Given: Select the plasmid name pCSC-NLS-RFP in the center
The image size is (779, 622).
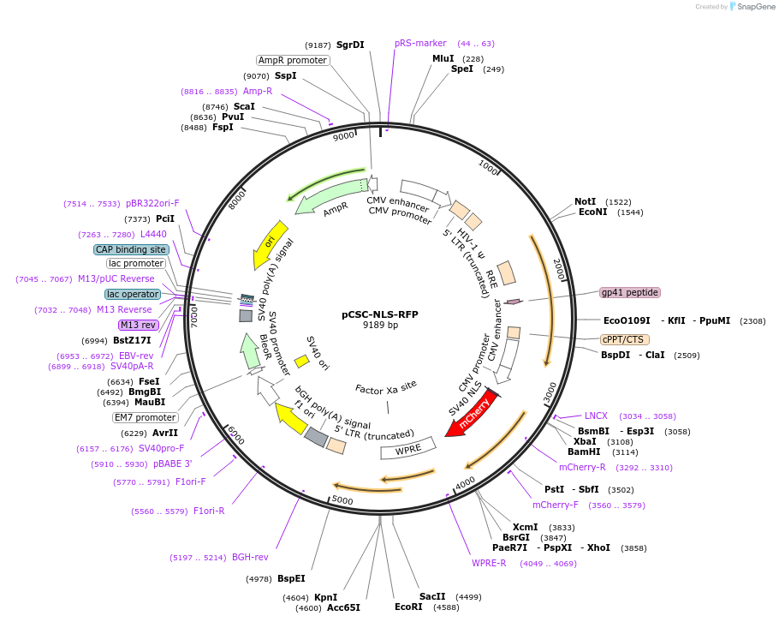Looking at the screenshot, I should click(380, 314).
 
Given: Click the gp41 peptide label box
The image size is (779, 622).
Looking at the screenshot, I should click(630, 292).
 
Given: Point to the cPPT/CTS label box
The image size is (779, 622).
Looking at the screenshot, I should click(622, 339).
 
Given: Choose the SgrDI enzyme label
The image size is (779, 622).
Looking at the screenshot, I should click(350, 45).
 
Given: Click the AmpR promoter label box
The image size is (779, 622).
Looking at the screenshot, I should click(293, 61).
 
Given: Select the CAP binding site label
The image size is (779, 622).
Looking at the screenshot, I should click(131, 249).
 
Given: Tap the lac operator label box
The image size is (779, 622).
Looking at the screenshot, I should click(134, 294).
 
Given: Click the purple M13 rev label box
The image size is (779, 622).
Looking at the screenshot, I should click(138, 325).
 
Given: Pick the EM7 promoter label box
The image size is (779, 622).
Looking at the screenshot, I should click(145, 417).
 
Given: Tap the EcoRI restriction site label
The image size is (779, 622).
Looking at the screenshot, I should click(408, 607).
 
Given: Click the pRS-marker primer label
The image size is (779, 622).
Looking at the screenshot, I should click(420, 43).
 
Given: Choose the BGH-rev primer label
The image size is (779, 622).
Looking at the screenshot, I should click(250, 557).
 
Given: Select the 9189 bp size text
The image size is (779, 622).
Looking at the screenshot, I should click(380, 326).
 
